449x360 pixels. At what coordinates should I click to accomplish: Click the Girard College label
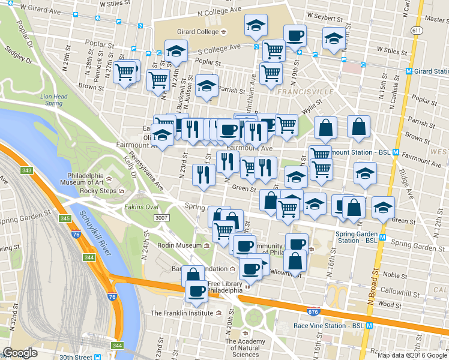[188, 32]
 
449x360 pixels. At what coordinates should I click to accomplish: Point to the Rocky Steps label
[98, 191]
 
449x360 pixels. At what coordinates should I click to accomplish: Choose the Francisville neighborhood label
[305, 92]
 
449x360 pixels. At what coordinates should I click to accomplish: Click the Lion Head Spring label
[53, 100]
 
